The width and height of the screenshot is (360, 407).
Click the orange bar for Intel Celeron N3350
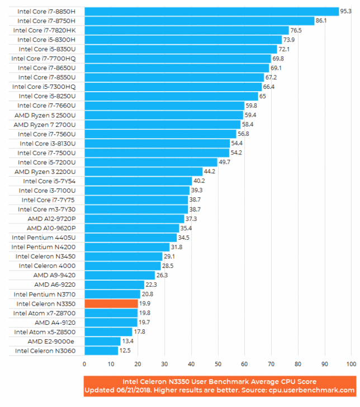click(111, 303)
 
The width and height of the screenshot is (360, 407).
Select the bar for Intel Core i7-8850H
click(211, 11)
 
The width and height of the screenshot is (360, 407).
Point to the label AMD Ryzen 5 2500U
click(47, 115)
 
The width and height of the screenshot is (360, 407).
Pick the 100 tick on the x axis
click(350, 364)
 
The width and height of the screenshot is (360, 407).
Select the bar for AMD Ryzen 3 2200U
click(143, 172)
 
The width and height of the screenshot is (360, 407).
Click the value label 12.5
click(126, 351)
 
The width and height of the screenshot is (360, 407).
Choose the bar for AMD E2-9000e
click(102, 342)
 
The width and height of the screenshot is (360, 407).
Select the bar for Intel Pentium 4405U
click(130, 238)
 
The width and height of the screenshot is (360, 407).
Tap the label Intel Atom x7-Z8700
click(48, 313)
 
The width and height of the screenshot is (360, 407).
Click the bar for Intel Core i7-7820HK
click(186, 30)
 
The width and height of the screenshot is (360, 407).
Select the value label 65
click(263, 96)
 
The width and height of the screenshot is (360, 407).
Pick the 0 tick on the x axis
click(84, 364)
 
